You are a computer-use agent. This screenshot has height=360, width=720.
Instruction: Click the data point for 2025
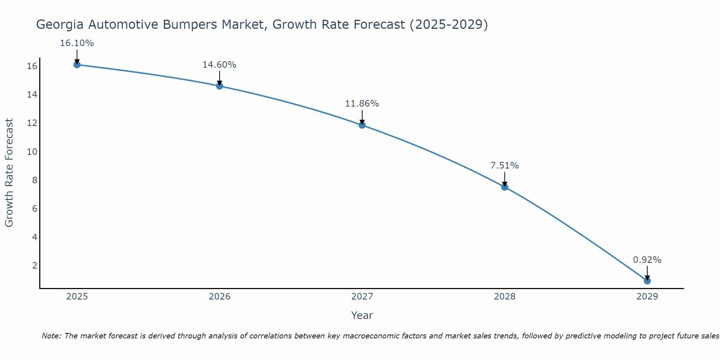[77, 64]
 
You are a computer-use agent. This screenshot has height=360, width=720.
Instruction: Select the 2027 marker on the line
[362, 125]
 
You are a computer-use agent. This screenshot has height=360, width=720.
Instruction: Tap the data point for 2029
[647, 281]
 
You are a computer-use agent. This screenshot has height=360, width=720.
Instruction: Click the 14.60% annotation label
[219, 65]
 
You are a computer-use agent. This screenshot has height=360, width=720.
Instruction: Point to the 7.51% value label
[505, 166]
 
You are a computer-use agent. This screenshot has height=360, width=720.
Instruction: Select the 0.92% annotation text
[647, 260]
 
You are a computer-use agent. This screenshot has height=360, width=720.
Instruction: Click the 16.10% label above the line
[77, 43]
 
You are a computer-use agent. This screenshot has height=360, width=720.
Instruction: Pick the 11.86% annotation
[362, 104]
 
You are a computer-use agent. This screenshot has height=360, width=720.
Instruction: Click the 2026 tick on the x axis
[220, 297]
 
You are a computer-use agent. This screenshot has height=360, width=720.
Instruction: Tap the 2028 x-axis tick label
[505, 297]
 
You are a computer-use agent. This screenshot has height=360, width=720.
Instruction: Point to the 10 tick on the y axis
[32, 152]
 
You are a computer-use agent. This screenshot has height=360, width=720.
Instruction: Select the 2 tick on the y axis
[35, 266]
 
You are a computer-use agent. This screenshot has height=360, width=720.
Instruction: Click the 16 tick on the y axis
[32, 66]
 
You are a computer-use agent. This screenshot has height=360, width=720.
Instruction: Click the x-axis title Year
[362, 315]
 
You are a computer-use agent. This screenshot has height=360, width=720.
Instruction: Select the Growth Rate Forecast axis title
[9, 173]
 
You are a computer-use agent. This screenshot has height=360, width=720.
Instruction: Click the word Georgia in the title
[60, 25]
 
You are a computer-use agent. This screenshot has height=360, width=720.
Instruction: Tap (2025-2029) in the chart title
[449, 25]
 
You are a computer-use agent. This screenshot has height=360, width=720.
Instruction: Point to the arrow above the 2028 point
[505, 179]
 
